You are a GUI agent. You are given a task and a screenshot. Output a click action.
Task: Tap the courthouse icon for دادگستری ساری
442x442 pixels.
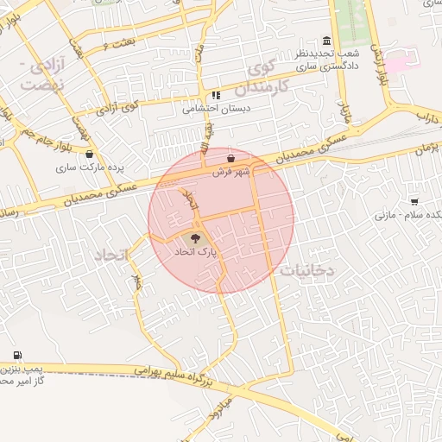pos(325,41)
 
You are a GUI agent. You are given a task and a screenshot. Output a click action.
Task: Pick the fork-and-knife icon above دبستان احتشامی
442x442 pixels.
pos(215,96)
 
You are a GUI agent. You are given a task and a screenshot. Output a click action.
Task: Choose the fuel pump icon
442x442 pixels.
pos(18,356)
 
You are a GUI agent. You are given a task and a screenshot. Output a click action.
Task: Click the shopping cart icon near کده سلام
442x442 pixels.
pos(414,201)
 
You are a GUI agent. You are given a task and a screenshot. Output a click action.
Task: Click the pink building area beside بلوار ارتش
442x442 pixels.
pos(396,64)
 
